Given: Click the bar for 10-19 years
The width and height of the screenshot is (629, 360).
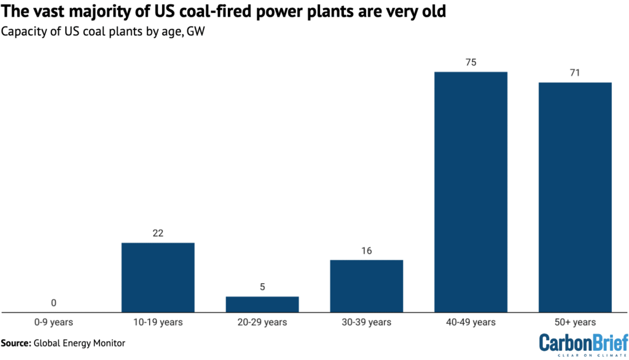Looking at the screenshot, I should (158, 278).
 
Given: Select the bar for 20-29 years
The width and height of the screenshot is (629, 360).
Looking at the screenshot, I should (262, 305).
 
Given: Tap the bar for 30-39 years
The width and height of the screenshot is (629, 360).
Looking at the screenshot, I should (367, 286).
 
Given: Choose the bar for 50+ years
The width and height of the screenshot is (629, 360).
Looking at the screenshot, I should (575, 197).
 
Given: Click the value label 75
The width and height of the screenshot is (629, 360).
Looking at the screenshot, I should (471, 62).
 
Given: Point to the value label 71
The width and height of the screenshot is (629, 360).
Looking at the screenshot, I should (575, 72).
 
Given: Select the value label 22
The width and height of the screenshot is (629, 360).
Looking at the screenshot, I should (158, 233).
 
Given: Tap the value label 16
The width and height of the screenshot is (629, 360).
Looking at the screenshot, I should (367, 250).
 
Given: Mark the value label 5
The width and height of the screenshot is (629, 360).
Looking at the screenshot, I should (262, 287).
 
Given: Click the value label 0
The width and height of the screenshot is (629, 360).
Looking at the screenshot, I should (54, 303).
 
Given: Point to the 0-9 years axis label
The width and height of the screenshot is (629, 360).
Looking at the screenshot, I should (54, 323).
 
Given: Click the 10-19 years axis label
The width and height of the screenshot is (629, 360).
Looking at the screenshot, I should (158, 323).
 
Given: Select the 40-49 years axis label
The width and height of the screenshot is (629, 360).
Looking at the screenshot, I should (471, 323).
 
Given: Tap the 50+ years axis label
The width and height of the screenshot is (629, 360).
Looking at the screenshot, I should (575, 323).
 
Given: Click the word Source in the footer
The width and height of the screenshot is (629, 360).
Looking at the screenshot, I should (17, 343).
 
